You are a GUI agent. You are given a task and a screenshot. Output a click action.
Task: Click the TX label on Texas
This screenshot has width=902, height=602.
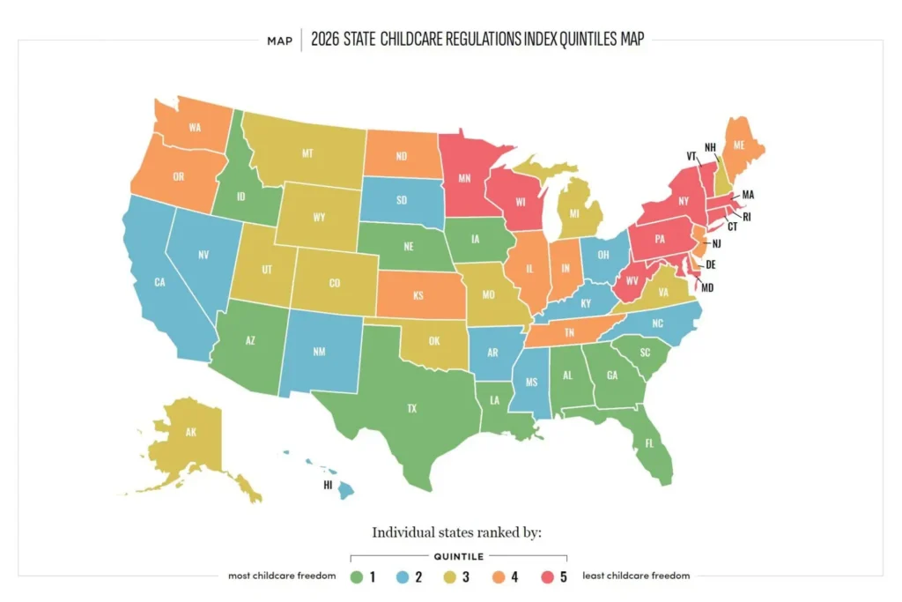[x=410, y=408]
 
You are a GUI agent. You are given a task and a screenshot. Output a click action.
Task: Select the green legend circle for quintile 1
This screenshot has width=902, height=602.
[x=357, y=576]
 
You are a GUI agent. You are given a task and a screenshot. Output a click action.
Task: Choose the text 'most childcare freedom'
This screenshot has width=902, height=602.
[x=281, y=576]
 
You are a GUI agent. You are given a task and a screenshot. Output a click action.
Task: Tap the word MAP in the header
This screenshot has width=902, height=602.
[x=279, y=41]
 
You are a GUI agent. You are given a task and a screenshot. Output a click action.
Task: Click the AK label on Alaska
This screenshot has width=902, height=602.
[x=190, y=433]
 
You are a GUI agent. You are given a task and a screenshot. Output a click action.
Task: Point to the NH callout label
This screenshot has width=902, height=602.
[x=710, y=147]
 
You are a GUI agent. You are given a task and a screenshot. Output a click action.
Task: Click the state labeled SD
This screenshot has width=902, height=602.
[x=401, y=199]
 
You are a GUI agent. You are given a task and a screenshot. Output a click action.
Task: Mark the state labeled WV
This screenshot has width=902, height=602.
[x=632, y=285]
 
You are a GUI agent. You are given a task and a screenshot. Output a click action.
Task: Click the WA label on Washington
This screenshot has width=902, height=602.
[x=195, y=127]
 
